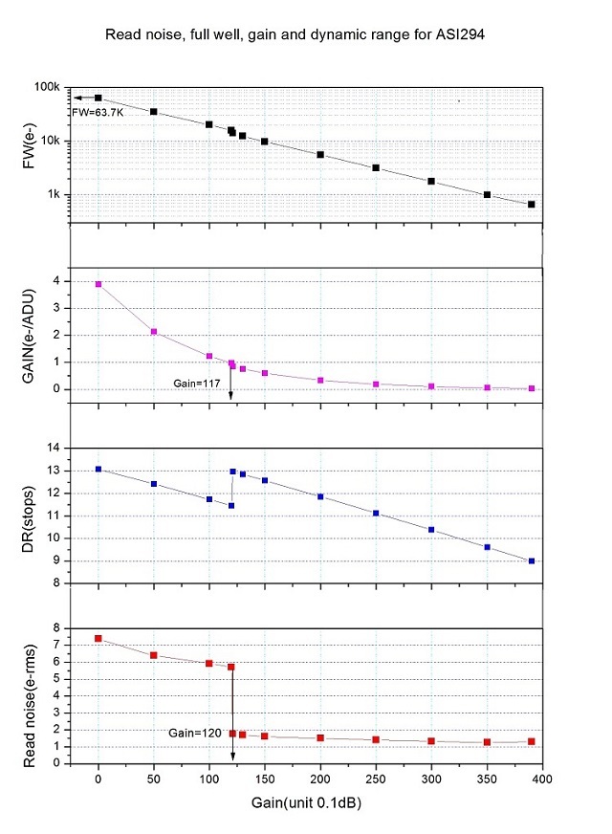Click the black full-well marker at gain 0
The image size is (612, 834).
[x=98, y=98]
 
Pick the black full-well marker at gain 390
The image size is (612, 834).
[x=531, y=204]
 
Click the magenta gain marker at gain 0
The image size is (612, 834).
[x=98, y=284]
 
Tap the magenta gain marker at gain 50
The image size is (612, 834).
[x=153, y=332]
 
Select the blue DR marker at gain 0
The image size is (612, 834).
[x=98, y=469]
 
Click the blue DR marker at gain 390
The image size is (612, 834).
[x=531, y=560]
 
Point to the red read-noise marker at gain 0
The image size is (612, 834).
[x=98, y=638]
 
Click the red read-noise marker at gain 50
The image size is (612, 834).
[x=153, y=655]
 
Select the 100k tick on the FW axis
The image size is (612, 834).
[x=51, y=88]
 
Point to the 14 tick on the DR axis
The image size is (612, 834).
[x=55, y=448]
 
